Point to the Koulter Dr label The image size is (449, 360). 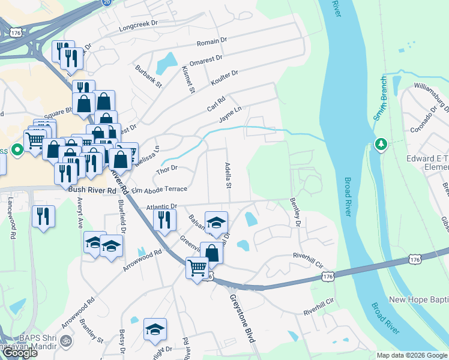point(224,77)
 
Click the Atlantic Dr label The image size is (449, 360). point(162,206)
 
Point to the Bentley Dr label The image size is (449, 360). point(295,212)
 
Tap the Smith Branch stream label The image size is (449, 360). point(379,99)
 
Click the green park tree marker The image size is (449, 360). point(381,145)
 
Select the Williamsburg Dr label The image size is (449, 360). point(432,99)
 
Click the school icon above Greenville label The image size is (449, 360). point(216,222)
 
